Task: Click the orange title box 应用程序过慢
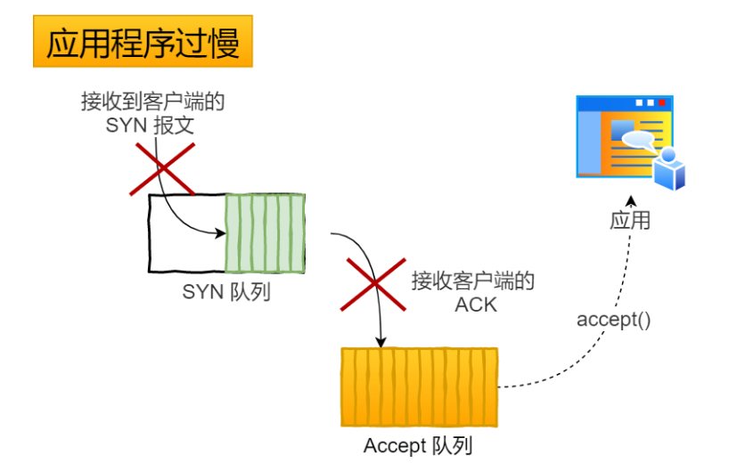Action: (x=143, y=41)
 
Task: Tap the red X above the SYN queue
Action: (x=162, y=169)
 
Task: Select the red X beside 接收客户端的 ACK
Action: (x=373, y=284)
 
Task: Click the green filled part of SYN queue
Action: (x=265, y=233)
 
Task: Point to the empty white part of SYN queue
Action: (x=187, y=233)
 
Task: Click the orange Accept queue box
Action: (x=419, y=387)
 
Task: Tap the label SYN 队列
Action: (x=226, y=292)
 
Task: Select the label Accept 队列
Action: (x=418, y=445)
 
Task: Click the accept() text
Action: (x=613, y=320)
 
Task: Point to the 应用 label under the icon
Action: (x=630, y=221)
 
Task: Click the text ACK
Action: (x=476, y=305)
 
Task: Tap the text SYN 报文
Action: (x=150, y=126)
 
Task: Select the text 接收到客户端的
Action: (x=152, y=102)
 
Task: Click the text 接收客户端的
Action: (x=473, y=281)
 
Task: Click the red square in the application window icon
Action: (x=662, y=102)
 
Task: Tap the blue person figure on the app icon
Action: (x=669, y=169)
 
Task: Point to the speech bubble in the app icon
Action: (x=638, y=140)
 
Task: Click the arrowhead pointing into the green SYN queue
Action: (x=221, y=233)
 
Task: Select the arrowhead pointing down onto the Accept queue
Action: (x=381, y=342)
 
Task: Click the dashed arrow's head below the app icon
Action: (x=631, y=200)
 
